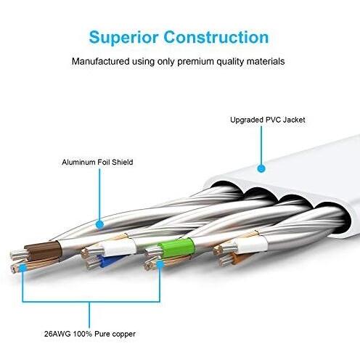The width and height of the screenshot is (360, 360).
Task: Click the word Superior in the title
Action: [x=123, y=38]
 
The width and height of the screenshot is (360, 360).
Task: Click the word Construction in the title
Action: [x=216, y=37]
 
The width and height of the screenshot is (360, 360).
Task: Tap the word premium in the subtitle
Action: [x=195, y=62]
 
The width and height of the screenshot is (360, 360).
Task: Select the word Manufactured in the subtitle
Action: [x=101, y=61]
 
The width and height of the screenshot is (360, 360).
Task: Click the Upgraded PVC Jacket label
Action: [x=267, y=120]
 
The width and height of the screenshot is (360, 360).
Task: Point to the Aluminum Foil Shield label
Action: [x=97, y=162]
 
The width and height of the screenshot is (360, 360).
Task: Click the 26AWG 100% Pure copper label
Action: [x=90, y=334]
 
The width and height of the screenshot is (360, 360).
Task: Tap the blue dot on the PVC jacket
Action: [x=261, y=168]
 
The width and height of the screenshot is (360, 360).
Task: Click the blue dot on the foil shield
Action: [x=99, y=224]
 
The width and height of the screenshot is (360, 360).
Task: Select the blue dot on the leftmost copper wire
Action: [x=22, y=268]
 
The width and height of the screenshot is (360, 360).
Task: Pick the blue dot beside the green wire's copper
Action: [x=160, y=264]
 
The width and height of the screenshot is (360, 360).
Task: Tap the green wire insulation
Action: [x=176, y=247]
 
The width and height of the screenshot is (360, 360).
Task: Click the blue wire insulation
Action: [x=107, y=260]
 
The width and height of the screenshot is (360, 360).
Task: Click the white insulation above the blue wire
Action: [x=118, y=247]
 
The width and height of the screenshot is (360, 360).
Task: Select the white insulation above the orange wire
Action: [x=251, y=244]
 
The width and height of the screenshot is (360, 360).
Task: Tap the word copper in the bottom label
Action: [x=124, y=335]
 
